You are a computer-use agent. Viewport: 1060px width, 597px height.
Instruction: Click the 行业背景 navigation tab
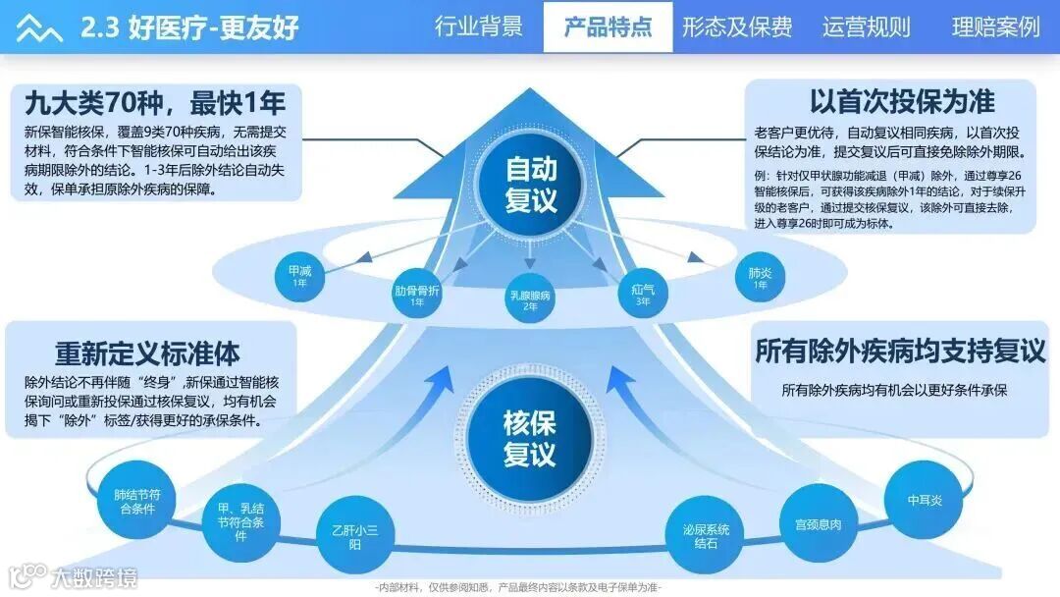479,27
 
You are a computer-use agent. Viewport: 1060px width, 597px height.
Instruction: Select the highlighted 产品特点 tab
608,27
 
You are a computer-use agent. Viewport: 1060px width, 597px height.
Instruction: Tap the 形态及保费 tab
737,27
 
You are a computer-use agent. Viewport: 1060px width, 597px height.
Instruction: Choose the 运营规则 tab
866,27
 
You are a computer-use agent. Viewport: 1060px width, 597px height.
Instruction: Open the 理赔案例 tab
994,27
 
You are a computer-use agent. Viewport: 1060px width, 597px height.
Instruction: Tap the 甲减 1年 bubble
299,274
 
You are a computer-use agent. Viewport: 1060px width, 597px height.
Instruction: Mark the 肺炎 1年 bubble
760,277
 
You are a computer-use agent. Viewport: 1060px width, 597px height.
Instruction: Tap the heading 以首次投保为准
902,101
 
